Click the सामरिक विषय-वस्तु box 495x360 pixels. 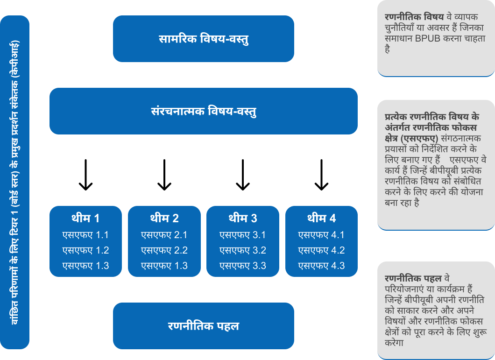[x=203, y=39]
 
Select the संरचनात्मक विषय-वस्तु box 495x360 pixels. [x=203, y=111]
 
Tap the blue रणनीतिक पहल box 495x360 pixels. [x=203, y=326]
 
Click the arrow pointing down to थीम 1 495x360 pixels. [x=85, y=175]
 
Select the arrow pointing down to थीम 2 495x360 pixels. [x=164, y=175]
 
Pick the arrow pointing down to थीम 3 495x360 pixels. [x=242, y=175]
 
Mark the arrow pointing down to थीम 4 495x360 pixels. [x=321, y=175]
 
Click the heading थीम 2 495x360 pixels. [x=164, y=218]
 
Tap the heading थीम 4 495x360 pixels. [x=321, y=218]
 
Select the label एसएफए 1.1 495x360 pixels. [x=85, y=235]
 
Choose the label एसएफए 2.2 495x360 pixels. [x=164, y=250]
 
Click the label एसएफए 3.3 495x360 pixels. [x=242, y=266]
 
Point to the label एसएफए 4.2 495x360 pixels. [x=321, y=250]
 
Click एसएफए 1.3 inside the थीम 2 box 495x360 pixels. [x=164, y=266]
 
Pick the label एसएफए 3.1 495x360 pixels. [x=242, y=235]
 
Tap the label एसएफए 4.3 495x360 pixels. [x=321, y=266]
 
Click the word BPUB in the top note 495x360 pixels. [x=427, y=39]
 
